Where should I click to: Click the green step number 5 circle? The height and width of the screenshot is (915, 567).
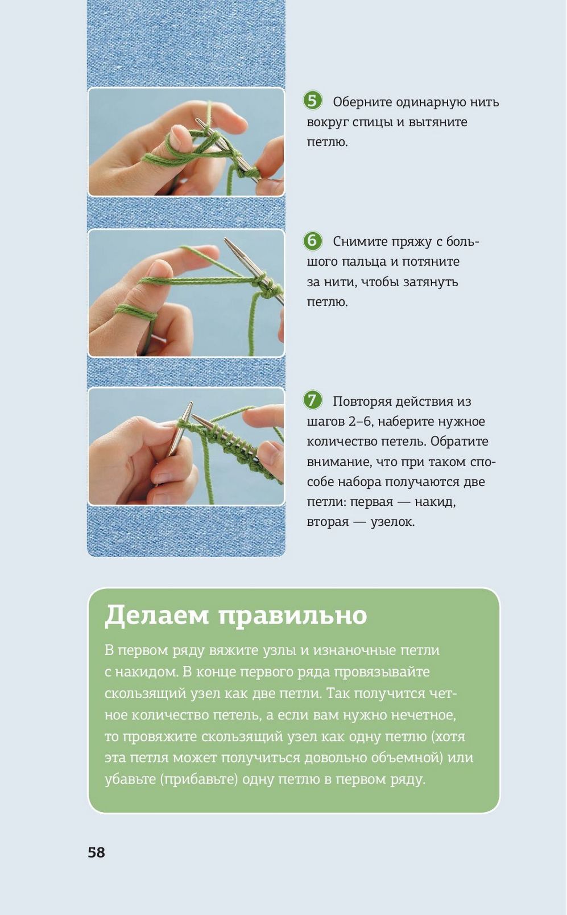click(x=313, y=101)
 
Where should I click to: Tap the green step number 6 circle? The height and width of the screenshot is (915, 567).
click(x=313, y=241)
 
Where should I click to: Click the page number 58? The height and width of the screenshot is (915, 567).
click(x=96, y=852)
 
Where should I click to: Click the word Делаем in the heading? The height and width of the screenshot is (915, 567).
click(x=157, y=615)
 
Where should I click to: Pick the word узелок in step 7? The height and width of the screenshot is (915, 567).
click(x=392, y=522)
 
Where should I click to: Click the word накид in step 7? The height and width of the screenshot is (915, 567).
click(x=435, y=502)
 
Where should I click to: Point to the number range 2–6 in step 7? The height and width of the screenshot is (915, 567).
click(x=359, y=422)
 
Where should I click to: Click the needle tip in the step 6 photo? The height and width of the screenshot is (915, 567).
click(x=225, y=240)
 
